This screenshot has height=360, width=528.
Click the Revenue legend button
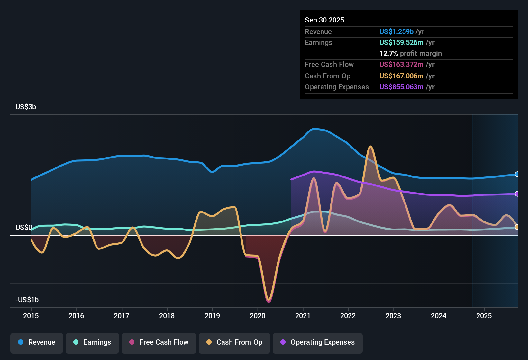coord(37,342)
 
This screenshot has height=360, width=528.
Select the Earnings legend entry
coord(92,342)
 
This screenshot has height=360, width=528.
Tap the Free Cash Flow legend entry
coord(159,342)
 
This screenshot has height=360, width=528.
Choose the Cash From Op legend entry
coord(234,342)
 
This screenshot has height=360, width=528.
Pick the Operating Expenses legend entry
coord(318,342)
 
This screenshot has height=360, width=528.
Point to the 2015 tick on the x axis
coord(31,316)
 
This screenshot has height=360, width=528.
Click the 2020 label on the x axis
coord(258,316)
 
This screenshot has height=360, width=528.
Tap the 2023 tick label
coord(393,316)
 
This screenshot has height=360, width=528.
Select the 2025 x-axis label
coord(484,316)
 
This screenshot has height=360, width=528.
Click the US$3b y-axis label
coord(26,107)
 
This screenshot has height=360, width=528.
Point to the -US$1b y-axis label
coord(27,300)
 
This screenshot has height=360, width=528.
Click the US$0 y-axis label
coord(23,228)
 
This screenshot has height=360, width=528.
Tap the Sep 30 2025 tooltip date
coord(324,20)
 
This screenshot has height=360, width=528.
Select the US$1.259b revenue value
coord(396,32)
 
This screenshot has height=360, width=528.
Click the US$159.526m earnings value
coord(401,42)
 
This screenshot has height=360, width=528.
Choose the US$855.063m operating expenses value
coord(401,87)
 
